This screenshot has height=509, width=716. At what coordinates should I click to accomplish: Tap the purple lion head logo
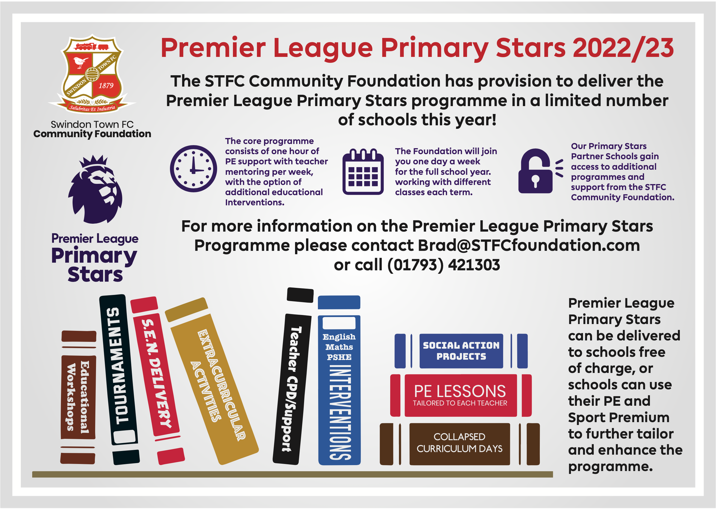coord(95,189)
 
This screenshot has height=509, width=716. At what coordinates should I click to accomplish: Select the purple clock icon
coord(193,169)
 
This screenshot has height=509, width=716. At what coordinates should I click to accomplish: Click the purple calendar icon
coord(363,171)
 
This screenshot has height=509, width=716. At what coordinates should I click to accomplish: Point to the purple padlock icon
coord(536,171)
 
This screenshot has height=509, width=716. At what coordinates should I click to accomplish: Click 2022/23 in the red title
coord(623,48)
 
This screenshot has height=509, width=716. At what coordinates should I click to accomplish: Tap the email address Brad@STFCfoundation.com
coord(529,246)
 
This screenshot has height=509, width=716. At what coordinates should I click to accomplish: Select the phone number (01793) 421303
coord(444,265)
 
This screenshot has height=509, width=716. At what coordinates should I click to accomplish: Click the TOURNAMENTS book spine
coord(119,380)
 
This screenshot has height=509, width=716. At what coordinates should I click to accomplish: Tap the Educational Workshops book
coord(78,397)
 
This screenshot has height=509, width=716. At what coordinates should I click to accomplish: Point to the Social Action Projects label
coord(461,351)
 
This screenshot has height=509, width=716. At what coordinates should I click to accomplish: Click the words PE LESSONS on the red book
coord(460,391)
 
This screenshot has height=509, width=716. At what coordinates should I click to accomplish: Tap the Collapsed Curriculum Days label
coord(460,443)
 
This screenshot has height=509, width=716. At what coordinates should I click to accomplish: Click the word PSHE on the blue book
coord(339,357)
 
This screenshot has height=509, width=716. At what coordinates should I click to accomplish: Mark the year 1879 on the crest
coord(106,86)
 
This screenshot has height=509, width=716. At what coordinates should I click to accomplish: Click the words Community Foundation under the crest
coord(92,134)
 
